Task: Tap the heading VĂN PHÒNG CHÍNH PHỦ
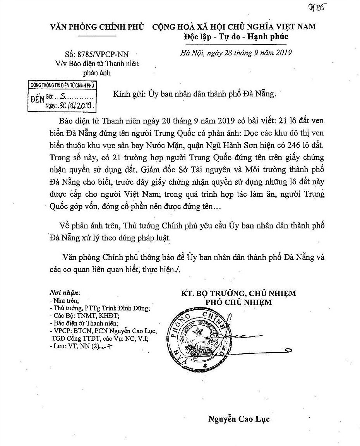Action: coord(97,27)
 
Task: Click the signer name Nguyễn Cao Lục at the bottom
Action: coord(239,419)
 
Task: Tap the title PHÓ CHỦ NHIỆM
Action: coord(238,302)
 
